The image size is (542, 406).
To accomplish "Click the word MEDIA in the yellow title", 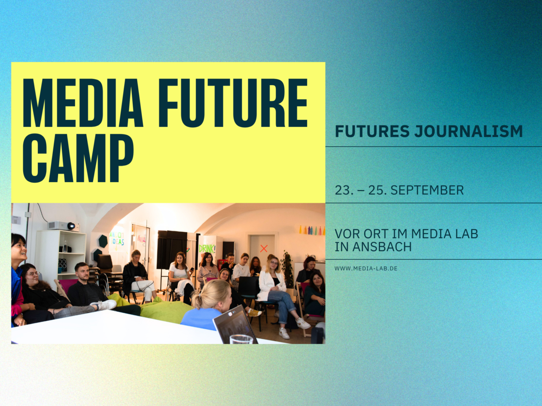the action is pos(83,103).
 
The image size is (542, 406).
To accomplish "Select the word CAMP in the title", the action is pos(78,158).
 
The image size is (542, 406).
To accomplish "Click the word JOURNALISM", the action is pos(468,131).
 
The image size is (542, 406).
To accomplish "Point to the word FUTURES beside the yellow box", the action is pos(372,131).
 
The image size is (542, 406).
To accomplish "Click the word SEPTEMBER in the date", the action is pos(427,190).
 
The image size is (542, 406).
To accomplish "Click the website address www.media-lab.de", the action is pos(366,268).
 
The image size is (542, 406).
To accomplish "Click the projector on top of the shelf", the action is pos(64,226).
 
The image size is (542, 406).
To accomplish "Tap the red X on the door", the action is pos(264,249).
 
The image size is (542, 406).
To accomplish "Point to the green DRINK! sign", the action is pos(207,249).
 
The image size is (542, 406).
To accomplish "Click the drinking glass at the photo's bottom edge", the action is pos(241,339).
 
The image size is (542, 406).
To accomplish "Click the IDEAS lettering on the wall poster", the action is pos(117,242).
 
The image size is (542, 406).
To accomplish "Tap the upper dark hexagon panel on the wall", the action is pos(103,241).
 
